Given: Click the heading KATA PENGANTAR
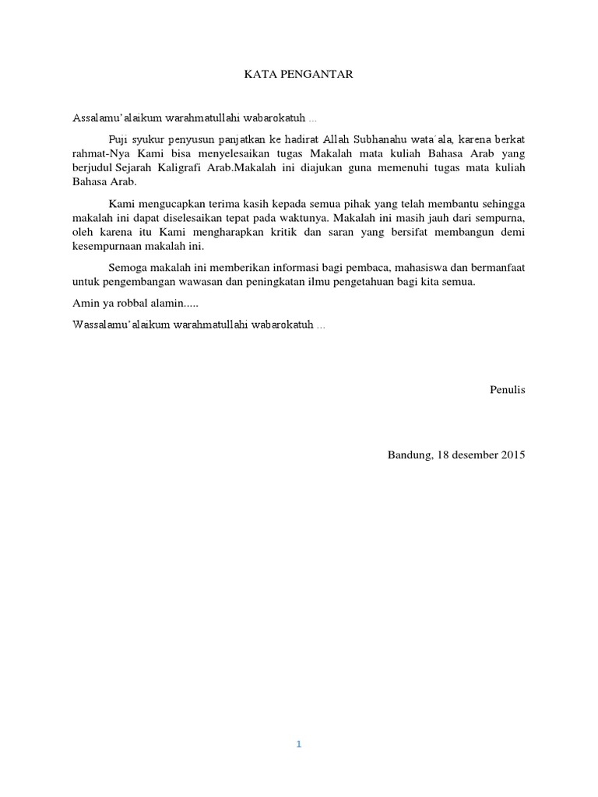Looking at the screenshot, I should (299, 75).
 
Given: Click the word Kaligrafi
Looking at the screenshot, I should (195, 168).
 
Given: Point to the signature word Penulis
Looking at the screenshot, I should (508, 389).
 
